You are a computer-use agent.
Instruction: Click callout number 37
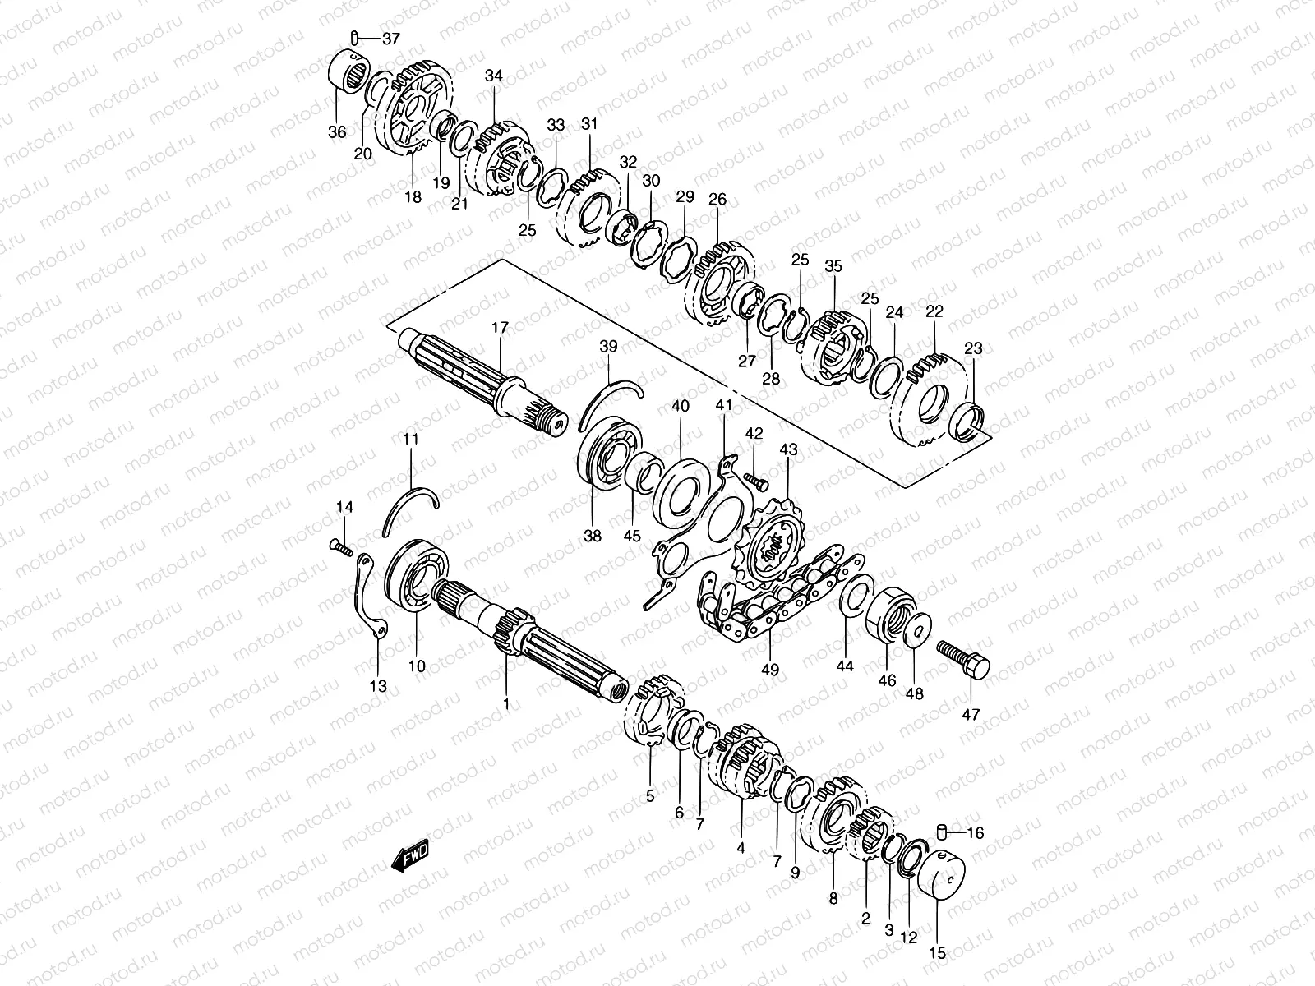390,38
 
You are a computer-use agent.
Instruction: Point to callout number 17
500,327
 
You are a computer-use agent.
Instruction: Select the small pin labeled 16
943,832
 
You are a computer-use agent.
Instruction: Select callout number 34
493,76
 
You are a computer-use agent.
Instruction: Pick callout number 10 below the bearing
417,666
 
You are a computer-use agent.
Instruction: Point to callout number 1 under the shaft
506,704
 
